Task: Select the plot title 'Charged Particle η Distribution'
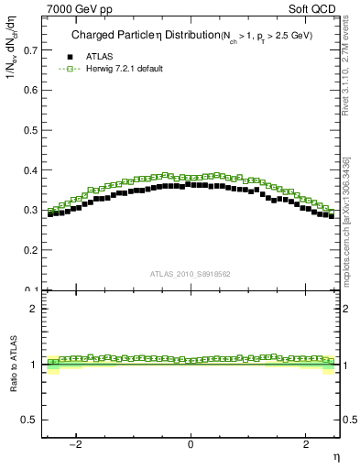[x=132, y=36]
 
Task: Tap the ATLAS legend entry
[x=99, y=57]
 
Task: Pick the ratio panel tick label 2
[x=34, y=309]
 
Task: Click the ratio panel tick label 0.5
[x=30, y=420]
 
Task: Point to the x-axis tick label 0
[x=191, y=444]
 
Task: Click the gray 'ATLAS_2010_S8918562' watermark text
[x=191, y=273]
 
